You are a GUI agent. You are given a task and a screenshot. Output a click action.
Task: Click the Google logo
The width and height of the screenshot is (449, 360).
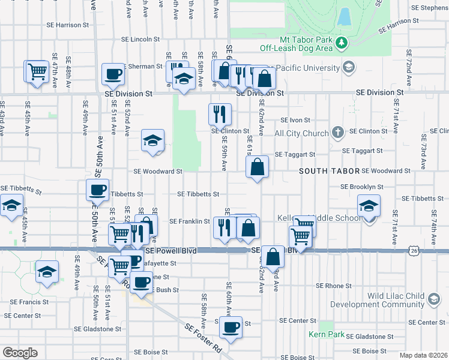coord(20,352)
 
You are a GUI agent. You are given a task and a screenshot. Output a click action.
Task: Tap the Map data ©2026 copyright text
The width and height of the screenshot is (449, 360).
coord(424,355)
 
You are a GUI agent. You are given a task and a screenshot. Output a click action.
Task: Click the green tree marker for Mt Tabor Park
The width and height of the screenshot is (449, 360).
coord(342,43)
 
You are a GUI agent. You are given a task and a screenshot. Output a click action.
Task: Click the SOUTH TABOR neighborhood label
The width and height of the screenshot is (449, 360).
coord(329,171)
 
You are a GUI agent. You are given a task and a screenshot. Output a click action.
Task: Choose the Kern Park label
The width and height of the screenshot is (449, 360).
coord(322,334)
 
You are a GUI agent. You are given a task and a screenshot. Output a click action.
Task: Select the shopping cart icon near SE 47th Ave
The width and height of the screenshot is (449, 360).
coord(37,72)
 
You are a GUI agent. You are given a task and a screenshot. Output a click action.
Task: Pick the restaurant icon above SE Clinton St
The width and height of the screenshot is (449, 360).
coord(220,113)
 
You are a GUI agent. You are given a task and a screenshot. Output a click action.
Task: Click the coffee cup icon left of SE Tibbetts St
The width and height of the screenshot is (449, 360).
coord(97,190)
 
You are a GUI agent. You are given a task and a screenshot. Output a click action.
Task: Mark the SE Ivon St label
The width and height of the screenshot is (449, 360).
coord(299,120)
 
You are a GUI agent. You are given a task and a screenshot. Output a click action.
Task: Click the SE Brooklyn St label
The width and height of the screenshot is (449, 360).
coord(361,187)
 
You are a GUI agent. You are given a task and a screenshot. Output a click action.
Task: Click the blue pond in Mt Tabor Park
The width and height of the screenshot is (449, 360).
coord(344,16)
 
